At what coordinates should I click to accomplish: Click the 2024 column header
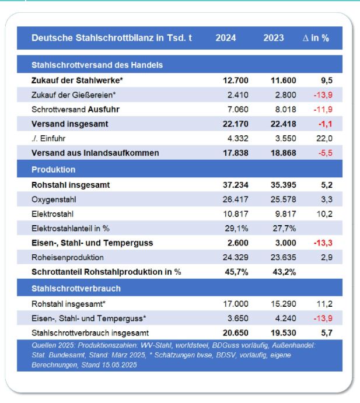tap(226, 38)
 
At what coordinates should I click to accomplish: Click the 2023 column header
tap(273, 38)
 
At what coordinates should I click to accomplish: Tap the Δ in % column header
tap(316, 38)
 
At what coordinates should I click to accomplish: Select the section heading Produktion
tap(54, 170)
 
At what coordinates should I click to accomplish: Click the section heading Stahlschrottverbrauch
tap(76, 288)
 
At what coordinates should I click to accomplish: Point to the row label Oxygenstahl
tap(54, 199)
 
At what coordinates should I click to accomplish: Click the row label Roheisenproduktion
tap(68, 257)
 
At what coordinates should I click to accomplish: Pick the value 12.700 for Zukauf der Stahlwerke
tap(236, 80)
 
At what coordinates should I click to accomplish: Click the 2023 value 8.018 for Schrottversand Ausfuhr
tap(285, 110)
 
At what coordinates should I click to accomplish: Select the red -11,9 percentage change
tap(323, 110)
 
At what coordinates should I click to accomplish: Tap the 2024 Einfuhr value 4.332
tap(238, 139)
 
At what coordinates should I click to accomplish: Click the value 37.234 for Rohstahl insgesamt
tap(236, 185)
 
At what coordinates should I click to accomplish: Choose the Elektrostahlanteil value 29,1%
tap(236, 229)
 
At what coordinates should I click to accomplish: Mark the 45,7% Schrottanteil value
tap(236, 272)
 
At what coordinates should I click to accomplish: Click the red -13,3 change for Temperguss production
tap(323, 243)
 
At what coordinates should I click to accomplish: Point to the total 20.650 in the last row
tap(236, 333)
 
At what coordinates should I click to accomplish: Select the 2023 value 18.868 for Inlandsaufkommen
tap(284, 153)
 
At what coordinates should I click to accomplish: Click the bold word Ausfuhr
tap(104, 110)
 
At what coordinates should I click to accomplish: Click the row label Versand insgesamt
tap(69, 124)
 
